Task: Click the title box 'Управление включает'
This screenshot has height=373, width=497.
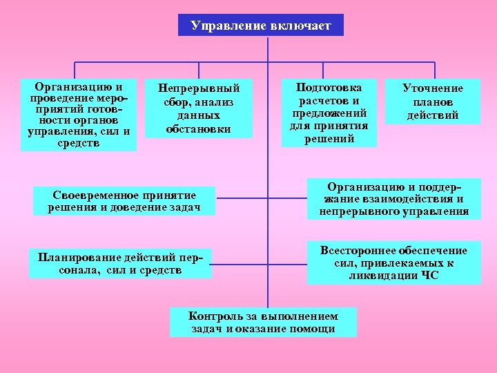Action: [261, 26]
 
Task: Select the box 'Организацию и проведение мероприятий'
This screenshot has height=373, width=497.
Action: [79, 115]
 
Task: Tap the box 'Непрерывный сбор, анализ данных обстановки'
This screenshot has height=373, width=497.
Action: [199, 108]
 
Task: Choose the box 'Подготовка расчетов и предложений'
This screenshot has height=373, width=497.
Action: [329, 113]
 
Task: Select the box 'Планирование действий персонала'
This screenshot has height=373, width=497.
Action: [120, 264]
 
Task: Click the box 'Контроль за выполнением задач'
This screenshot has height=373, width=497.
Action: [263, 322]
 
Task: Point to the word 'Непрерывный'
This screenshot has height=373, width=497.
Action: [199, 88]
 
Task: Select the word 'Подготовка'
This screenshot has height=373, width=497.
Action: [329, 87]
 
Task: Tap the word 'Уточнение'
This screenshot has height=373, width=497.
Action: [433, 88]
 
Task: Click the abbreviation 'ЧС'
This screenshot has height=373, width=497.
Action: [429, 276]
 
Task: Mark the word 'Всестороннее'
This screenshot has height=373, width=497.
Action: [356, 250]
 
